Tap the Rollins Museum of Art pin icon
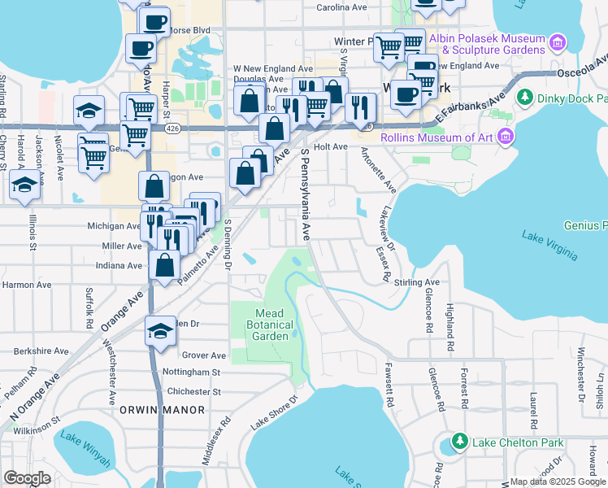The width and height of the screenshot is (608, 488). [x=506, y=135]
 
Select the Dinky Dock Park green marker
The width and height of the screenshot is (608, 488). [x=523, y=98]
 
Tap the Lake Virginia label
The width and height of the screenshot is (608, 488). [x=549, y=246]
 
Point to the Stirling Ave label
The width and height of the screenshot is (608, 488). [x=417, y=283]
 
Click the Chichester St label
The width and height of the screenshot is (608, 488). [x=193, y=391]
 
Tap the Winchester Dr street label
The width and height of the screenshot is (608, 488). [x=580, y=375]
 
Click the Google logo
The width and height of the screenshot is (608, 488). [x=28, y=477]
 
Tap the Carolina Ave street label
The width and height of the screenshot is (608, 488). [x=341, y=7]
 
